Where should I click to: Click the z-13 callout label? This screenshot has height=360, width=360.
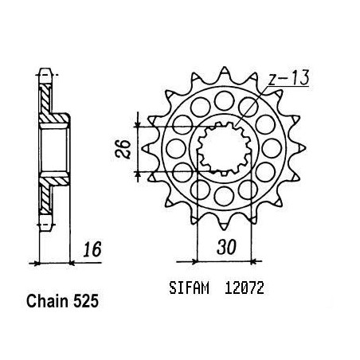click(288, 78)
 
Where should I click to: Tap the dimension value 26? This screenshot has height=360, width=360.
click(123, 149)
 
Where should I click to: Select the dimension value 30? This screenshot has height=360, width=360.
click(226, 247)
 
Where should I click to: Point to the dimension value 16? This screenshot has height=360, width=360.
click(92, 249)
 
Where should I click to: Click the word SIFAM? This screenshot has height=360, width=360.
click(189, 288)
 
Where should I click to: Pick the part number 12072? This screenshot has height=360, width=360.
click(245, 288)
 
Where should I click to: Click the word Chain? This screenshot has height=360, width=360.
click(48, 301)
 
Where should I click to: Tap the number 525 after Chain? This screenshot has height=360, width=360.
click(86, 301)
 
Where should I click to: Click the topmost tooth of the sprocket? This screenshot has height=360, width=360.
click(225, 73)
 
